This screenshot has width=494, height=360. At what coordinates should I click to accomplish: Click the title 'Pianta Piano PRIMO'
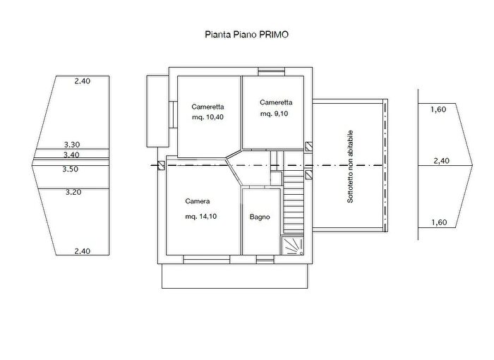coord(246,35)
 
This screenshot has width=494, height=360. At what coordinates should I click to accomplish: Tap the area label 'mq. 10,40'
coord(207,117)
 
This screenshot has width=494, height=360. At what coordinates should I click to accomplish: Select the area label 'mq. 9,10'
coord(274,114)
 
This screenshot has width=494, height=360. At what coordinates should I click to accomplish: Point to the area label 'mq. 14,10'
coord(200,217)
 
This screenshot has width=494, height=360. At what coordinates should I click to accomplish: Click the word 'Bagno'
coord(260,217)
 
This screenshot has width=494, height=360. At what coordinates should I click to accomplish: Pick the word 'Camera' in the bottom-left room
coord(198,201)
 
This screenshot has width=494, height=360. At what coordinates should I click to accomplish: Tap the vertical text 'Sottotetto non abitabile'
coord(350,167)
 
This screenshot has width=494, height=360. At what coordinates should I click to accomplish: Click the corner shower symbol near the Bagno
coord(292,246)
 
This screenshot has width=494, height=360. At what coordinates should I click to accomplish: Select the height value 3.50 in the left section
coord(70,169)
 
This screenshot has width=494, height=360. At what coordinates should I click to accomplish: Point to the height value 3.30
coord(72,145)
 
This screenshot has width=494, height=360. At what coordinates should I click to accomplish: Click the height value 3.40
coord(71,155)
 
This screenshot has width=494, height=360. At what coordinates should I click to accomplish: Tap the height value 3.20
coord(73,192)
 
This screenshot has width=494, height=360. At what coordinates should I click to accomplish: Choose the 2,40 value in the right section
coord(441,161)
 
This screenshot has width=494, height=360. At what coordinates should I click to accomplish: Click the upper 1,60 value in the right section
coord(438,109)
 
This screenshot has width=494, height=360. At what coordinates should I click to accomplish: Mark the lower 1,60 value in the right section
coord(439,222)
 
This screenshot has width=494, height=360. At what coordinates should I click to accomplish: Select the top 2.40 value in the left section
coord(83,81)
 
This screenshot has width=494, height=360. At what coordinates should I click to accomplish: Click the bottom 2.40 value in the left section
coord(83,251)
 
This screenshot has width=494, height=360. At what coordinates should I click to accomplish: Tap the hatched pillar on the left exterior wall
coord(161,166)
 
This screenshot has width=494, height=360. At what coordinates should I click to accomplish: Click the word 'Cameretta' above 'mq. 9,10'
coord(276,102)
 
